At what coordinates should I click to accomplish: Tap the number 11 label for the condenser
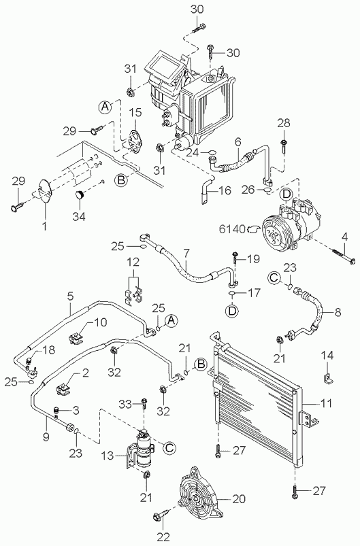coord(326,404)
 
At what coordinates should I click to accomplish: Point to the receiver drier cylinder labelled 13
coord(142,449)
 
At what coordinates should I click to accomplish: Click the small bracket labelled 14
coord(327,379)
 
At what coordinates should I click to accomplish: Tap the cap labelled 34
coord(80,194)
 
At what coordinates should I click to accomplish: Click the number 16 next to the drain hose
coord(225,190)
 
